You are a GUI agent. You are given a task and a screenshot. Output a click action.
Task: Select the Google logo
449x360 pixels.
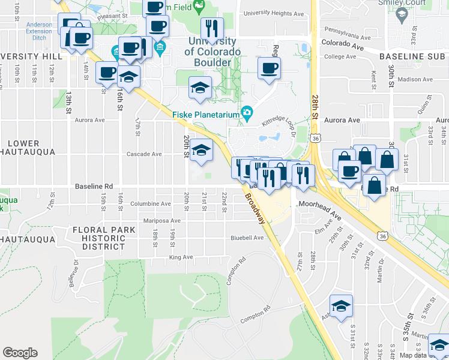click(20, 352)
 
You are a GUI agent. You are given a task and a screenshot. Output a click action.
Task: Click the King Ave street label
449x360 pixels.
click(181, 257)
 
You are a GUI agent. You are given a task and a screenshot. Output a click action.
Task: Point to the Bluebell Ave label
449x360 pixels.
click(247, 238)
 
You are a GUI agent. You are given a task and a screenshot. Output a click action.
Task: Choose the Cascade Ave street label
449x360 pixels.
click(144, 154)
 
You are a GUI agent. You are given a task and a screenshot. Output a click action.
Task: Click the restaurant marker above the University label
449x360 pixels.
click(211, 28)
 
